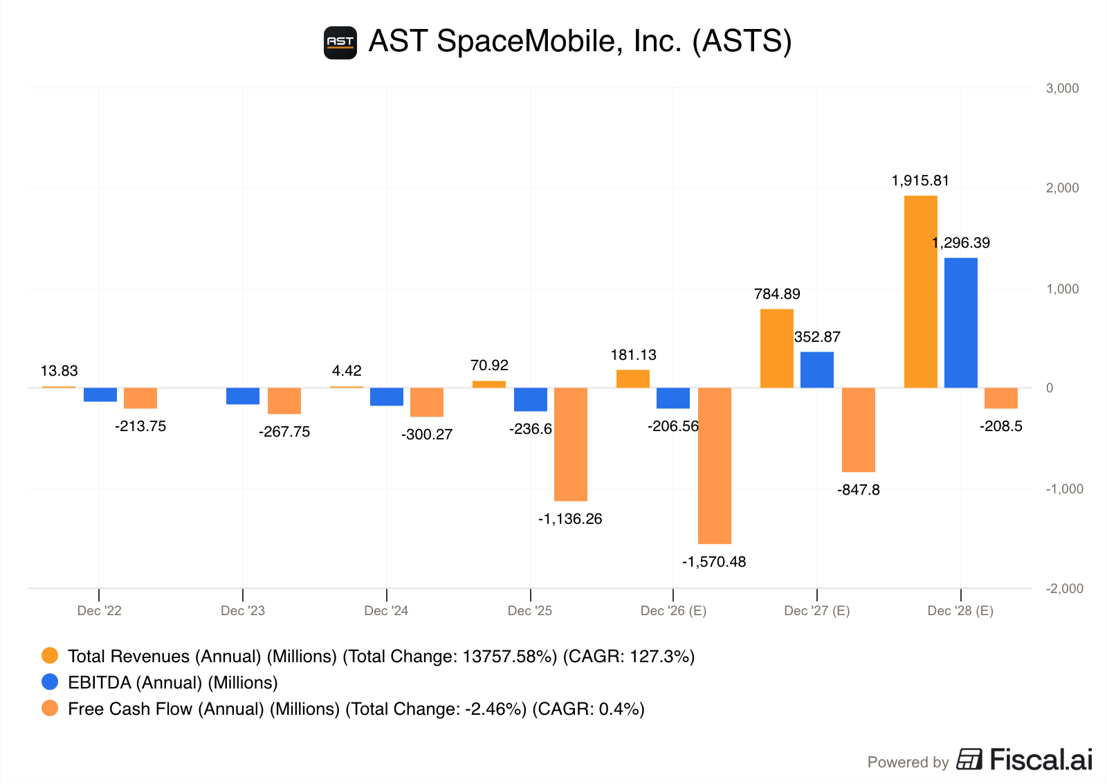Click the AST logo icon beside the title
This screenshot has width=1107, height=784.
(340, 43)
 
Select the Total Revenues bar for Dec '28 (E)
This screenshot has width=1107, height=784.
(920, 291)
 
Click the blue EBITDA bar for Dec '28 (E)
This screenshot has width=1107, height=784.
(960, 322)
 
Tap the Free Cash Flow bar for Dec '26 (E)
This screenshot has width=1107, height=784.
(714, 466)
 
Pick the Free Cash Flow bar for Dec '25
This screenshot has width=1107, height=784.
(570, 444)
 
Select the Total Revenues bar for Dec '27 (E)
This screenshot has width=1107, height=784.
(776, 348)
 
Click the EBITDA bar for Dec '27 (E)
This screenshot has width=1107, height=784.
(816, 370)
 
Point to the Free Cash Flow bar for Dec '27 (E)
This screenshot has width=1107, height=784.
(858, 430)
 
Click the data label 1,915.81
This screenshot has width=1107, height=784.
(920, 181)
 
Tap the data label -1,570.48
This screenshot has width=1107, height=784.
(714, 562)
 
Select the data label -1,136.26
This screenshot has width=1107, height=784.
(570, 519)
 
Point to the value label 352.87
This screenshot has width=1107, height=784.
(817, 337)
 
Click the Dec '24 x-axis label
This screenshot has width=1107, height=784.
(386, 610)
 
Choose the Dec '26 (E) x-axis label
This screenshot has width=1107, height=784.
(673, 610)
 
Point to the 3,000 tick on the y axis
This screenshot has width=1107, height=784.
(1062, 88)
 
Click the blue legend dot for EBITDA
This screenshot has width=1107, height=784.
(50, 682)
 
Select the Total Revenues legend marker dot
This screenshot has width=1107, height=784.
(50, 656)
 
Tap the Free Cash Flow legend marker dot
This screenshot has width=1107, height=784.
(50, 709)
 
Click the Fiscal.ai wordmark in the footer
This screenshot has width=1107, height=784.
(1041, 760)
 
